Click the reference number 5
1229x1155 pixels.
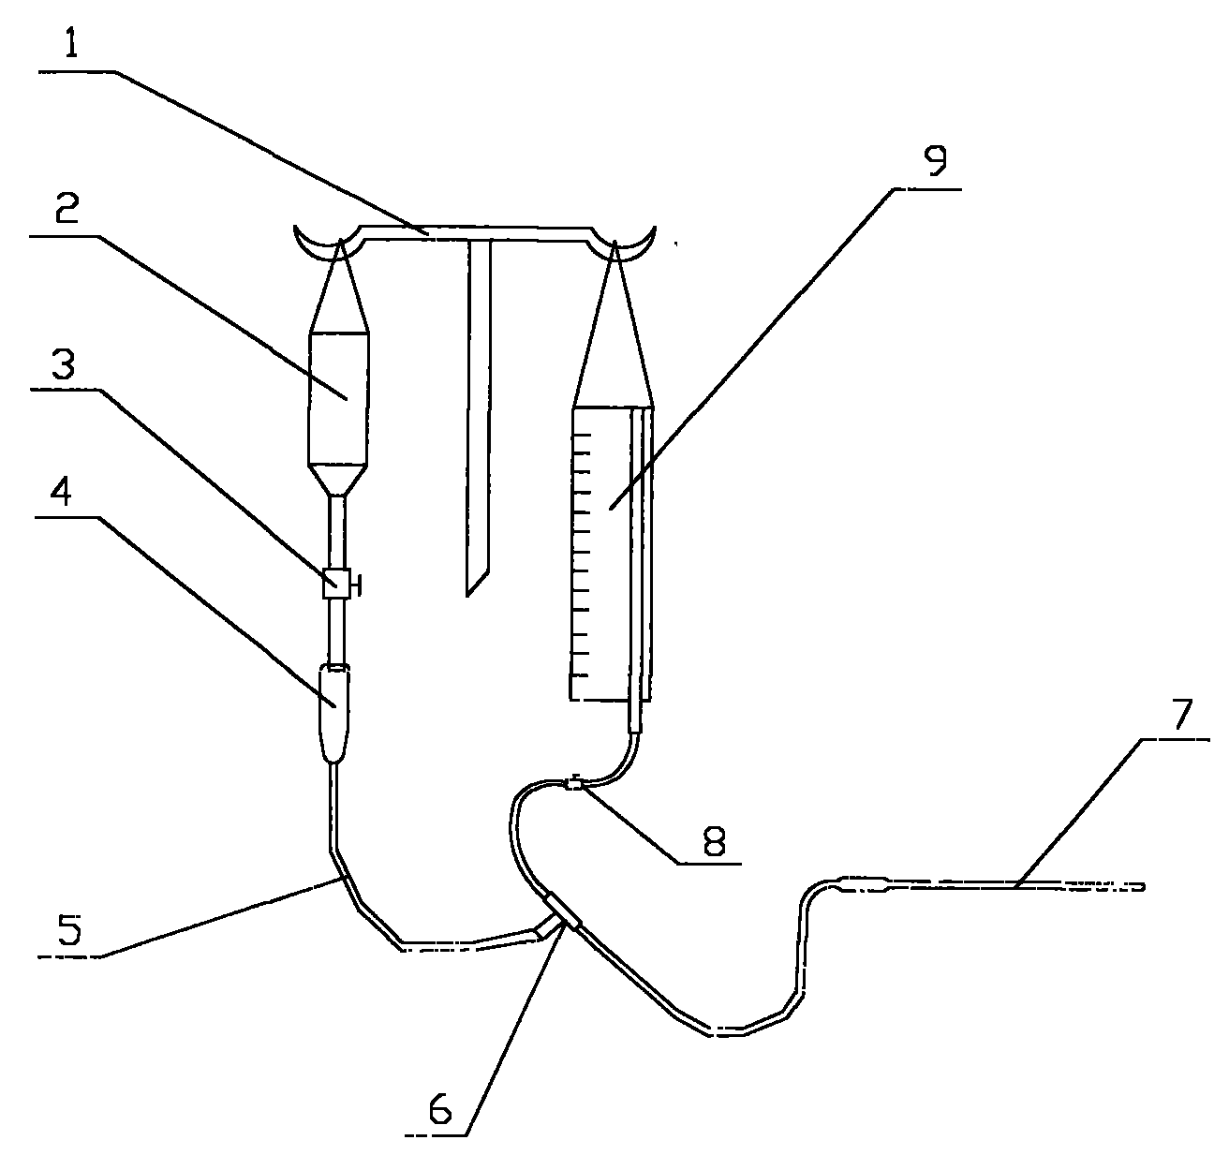69,929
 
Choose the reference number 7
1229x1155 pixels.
1182,714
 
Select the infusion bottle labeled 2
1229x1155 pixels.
338,399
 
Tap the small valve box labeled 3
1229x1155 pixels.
336,583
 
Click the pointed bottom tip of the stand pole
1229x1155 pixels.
467,597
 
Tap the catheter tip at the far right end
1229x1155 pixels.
1143,886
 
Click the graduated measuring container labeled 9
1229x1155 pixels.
611,554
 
